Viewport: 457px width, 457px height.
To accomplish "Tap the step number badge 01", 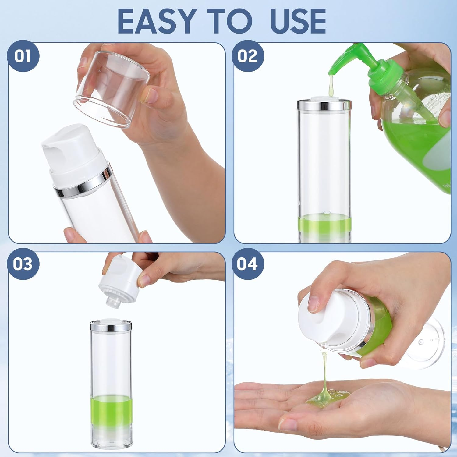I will [23, 56].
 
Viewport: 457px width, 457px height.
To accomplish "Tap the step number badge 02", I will [247, 56].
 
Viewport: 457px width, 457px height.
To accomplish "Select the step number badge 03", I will [23, 264].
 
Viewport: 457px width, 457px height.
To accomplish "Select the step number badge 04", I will [247, 264].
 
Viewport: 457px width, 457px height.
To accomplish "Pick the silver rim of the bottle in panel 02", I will [324, 105].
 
